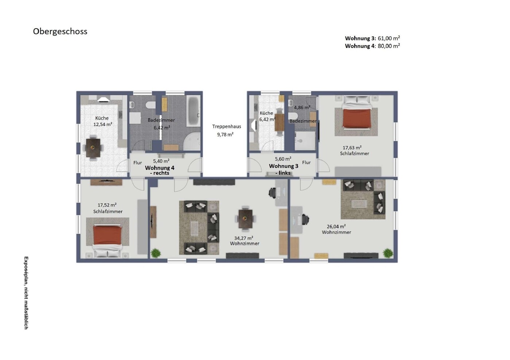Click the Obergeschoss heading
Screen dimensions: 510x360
tap(60, 32)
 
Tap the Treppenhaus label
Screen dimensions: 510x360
tap(226, 126)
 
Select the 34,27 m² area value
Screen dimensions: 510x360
tap(244, 238)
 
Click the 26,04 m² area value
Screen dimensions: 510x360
tap(336, 226)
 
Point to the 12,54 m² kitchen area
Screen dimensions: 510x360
tap(103, 124)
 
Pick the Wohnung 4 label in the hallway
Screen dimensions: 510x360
tap(160, 168)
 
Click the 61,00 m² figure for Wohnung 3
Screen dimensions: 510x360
tap(389, 38)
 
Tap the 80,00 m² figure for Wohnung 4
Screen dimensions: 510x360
tap(389, 46)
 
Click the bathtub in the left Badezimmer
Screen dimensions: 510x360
tap(193, 111)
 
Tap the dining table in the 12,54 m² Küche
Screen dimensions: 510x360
tap(93, 148)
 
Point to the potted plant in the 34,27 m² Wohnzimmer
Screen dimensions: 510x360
tap(156, 253)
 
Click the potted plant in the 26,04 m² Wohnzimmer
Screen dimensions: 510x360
tap(388, 253)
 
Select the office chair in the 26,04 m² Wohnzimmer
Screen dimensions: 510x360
tap(305, 219)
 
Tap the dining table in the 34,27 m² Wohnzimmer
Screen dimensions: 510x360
tap(245, 219)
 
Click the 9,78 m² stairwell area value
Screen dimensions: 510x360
tap(225, 134)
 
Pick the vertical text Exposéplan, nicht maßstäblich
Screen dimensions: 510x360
tap(26, 293)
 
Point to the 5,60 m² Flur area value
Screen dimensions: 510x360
tap(283, 159)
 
